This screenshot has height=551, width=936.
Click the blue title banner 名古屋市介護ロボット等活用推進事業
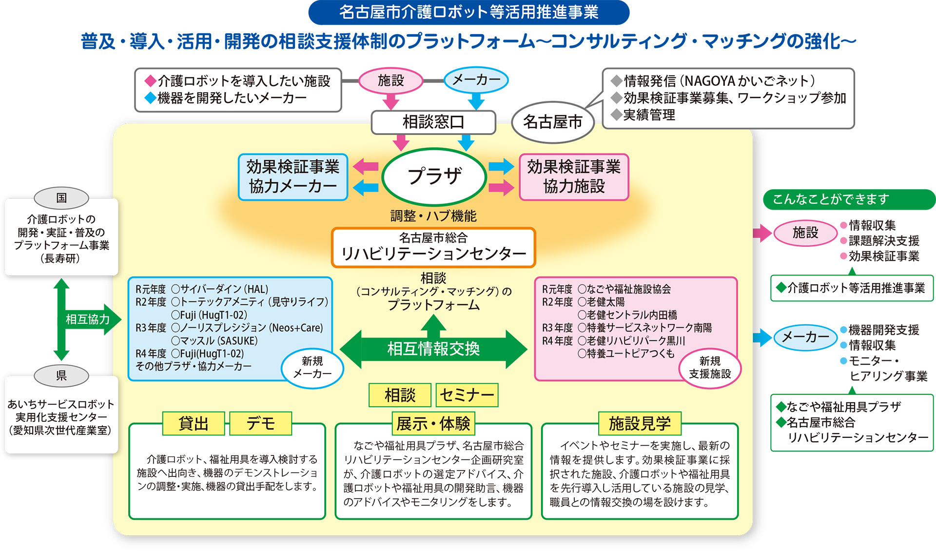(468, 12)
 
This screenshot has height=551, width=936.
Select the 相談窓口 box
(433, 122)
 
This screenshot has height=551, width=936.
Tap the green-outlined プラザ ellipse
(434, 176)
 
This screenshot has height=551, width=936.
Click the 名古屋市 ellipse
(552, 122)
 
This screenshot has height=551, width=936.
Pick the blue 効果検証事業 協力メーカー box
(292, 177)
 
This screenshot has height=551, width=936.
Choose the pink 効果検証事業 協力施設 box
(574, 177)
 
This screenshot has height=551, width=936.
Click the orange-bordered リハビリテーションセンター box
(433, 247)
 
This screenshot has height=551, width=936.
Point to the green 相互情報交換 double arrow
(433, 349)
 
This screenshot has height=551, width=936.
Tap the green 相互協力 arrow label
(88, 319)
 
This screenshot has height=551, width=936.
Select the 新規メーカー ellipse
(312, 368)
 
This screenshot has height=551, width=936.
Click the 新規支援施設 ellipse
(710, 368)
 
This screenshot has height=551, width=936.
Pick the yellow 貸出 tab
(194, 423)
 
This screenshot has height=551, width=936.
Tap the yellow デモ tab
(261, 423)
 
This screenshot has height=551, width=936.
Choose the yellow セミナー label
(467, 395)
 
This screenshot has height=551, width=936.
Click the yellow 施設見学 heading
(640, 423)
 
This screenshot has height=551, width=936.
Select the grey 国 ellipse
(61, 198)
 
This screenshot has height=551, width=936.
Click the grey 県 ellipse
(61, 375)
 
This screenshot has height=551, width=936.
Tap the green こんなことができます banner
(848, 199)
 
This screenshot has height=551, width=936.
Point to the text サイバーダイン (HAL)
(224, 289)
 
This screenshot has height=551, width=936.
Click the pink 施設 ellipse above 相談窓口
(390, 80)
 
